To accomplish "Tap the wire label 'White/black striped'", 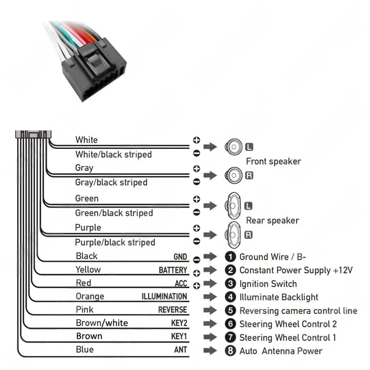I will coord(113,154).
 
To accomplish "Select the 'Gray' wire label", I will coord(84,168).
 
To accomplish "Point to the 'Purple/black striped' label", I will coord(115,242).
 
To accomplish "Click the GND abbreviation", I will coord(180,257).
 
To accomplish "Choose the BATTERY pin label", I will coord(173,270).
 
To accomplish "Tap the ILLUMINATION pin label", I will coord(164,296).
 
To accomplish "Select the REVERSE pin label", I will coord(173,310).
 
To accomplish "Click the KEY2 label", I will coord(179,323).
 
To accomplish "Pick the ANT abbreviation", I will coord(180,350).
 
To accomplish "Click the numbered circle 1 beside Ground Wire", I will coord(230,257).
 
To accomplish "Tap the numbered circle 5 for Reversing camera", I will coord(230,311).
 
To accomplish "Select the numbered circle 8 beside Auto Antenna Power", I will coord(230,351).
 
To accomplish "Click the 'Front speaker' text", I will coord(273,161).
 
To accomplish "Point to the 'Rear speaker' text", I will coord(272,221).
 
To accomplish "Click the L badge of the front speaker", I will coord(249,147).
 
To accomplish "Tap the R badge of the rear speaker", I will coord(248,235).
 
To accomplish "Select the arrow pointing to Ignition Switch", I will coord(210,284).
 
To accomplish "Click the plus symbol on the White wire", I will coord(196,140).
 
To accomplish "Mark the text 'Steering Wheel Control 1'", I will coord(288,338).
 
